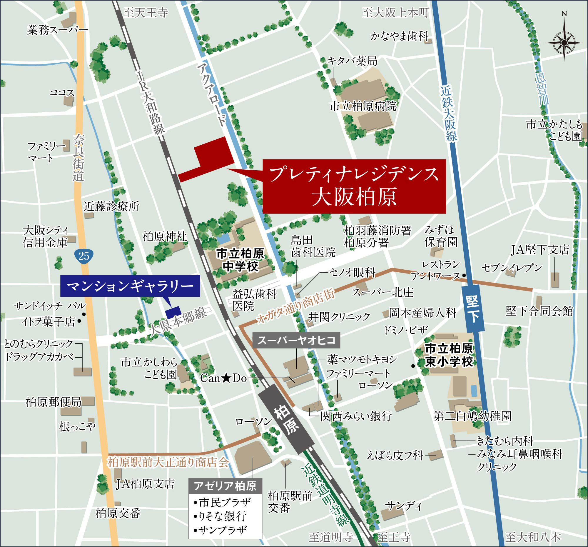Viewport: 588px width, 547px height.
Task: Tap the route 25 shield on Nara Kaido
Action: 84,255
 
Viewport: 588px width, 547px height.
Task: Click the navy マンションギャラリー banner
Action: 130,286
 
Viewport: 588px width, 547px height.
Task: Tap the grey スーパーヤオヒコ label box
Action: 296,340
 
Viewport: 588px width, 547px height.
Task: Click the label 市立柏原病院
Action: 363,106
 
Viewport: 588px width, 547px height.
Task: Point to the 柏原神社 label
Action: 164,236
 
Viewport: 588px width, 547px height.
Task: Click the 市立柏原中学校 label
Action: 240,260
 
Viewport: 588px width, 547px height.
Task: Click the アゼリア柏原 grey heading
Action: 225,486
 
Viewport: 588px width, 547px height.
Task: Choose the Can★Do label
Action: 223,378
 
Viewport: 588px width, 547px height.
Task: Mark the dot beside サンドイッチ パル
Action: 84,314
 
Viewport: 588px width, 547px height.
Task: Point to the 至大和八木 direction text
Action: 533,537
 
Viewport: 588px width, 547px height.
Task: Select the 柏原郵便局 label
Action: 54,402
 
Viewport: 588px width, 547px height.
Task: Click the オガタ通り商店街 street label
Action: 296,306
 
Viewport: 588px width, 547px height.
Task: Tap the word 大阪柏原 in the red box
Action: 354,197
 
